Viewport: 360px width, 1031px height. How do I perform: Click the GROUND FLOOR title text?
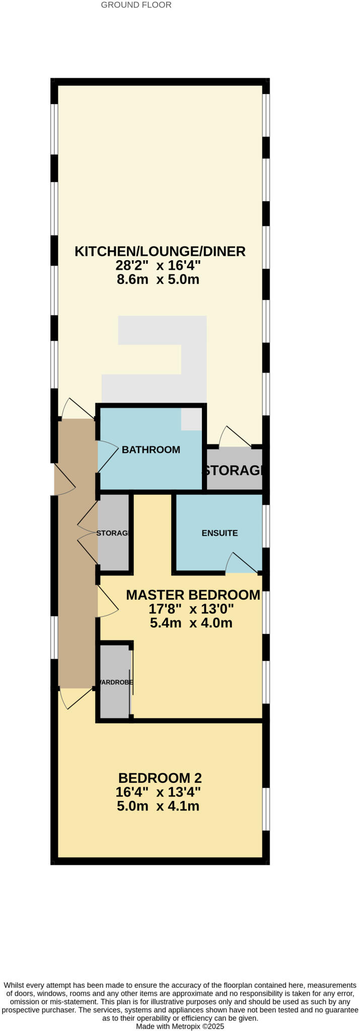136,5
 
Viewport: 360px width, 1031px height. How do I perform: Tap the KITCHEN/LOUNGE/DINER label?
160,251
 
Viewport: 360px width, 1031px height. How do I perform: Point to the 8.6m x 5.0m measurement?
158,279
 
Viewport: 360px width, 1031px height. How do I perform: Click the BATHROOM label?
151,450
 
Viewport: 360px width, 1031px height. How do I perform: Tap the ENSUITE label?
220,533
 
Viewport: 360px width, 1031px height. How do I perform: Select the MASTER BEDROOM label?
193,595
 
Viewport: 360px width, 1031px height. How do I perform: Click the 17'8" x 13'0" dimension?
191,609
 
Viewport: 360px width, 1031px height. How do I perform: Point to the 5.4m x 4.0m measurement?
191,623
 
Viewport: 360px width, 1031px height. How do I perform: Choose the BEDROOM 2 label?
160,778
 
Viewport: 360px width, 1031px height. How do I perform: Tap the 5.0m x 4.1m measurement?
158,806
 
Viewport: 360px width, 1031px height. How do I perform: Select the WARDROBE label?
115,683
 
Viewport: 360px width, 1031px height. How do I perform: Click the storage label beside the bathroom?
234,471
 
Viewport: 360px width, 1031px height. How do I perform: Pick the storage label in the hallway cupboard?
113,533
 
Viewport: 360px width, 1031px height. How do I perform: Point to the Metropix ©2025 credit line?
180,1026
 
